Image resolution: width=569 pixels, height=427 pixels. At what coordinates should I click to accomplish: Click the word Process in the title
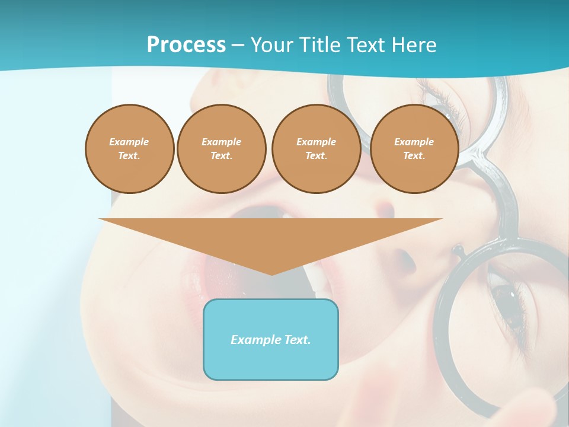(x=186, y=45)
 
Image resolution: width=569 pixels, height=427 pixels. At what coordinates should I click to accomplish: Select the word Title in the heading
(x=321, y=45)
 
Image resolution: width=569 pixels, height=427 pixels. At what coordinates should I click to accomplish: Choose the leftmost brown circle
(x=130, y=149)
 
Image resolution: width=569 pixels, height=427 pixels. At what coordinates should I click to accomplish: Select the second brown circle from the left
(x=221, y=149)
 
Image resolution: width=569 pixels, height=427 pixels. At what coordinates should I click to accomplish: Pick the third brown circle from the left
(x=316, y=149)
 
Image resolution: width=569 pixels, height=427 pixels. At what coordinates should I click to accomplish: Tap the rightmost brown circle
(x=414, y=149)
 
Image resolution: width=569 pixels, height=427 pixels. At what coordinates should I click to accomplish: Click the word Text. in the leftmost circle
(x=129, y=156)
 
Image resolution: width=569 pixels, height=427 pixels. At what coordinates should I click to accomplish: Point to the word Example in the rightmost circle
(x=414, y=142)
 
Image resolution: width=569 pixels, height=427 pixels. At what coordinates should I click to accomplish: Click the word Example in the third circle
(x=316, y=142)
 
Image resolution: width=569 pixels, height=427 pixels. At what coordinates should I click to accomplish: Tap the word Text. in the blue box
(x=296, y=340)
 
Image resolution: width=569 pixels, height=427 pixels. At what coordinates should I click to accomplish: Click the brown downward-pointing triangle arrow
(x=271, y=237)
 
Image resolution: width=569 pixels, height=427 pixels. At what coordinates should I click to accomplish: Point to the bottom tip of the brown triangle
(x=271, y=274)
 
